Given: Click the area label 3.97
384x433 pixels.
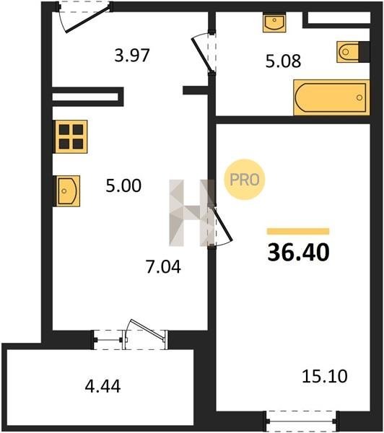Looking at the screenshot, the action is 132,56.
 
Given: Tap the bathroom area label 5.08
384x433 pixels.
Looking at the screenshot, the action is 283,61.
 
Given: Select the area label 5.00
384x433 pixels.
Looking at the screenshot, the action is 123,185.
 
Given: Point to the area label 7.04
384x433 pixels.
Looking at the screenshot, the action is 163,267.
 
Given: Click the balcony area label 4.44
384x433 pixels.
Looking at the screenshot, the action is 102,386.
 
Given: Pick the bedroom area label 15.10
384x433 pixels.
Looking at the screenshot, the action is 325,376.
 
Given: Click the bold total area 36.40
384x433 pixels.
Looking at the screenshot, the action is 298,253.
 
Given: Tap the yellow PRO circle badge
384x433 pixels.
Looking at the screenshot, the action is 245,180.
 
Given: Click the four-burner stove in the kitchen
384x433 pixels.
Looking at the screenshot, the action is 71,136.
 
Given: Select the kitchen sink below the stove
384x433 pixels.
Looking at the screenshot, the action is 68,191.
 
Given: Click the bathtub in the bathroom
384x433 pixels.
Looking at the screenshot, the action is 331,97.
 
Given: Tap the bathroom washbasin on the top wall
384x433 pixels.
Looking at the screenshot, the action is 274,22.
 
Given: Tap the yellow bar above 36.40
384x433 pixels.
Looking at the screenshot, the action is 298,231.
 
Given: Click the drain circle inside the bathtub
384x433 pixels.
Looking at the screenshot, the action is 359,97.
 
